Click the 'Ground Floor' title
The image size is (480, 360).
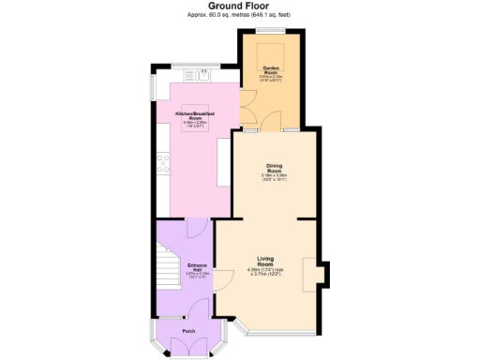[x=239, y=6]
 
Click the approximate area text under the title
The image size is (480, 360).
[x=239, y=15]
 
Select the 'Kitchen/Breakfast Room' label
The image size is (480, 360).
[x=195, y=115]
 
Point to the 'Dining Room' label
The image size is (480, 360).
[x=275, y=168]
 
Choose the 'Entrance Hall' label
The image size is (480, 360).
[x=196, y=266]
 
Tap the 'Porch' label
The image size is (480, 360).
[x=189, y=331]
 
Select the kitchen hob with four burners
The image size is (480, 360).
[x=163, y=169]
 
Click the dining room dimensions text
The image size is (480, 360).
[x=275, y=177]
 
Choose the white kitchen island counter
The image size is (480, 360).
[x=224, y=164]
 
